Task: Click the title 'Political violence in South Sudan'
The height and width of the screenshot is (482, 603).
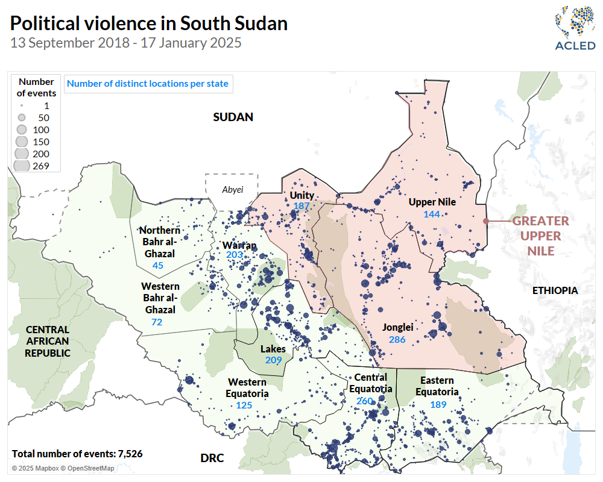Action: [148, 23]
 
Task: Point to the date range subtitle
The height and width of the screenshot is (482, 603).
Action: [125, 43]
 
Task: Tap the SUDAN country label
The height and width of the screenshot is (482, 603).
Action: [233, 117]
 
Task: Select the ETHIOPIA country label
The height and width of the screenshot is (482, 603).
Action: [555, 290]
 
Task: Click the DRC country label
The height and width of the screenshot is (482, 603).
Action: [212, 459]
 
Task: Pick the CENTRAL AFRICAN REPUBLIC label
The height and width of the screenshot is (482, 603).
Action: [47, 341]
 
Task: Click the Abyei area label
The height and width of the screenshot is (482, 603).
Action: [232, 190]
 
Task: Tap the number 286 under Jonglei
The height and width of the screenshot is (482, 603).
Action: [397, 340]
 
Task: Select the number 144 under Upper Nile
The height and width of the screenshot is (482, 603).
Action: [432, 214]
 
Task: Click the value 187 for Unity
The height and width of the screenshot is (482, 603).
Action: [301, 207]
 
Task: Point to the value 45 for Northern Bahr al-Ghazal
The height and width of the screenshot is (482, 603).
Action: [158, 265]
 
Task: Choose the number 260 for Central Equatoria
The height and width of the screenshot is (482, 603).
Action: [364, 401]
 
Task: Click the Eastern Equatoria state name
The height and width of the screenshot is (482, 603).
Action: [437, 386]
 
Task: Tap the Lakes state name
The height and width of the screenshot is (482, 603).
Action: [273, 349]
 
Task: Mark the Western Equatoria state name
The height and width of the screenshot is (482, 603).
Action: [247, 387]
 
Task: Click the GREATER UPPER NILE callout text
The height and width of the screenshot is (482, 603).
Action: [540, 236]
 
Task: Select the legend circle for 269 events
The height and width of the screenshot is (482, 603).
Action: [22, 166]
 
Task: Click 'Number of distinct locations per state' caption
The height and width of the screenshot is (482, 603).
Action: [148, 84]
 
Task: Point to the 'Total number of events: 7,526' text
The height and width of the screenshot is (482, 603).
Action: [77, 454]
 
